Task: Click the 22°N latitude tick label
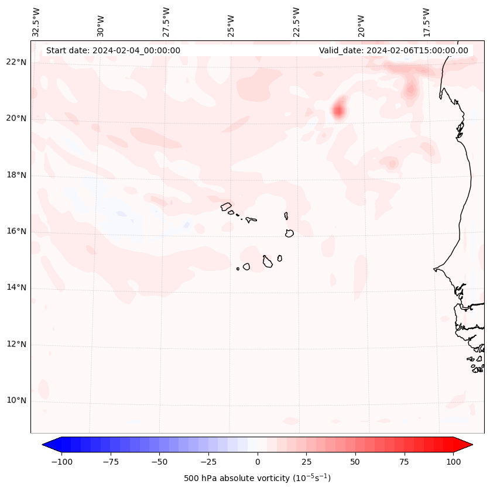tap(16, 62)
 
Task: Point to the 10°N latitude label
tap(16, 401)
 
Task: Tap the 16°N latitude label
tap(16, 231)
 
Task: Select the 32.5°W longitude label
tap(36, 22)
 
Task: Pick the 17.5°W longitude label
tap(426, 22)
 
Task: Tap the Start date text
tap(113, 50)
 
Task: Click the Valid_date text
tap(393, 50)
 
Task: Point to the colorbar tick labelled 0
tap(258, 462)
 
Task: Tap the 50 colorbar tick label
tap(355, 462)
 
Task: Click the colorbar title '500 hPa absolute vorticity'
tap(258, 478)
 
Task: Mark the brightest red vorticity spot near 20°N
tap(338, 110)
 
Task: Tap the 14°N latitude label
tap(16, 287)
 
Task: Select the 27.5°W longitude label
tap(166, 22)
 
